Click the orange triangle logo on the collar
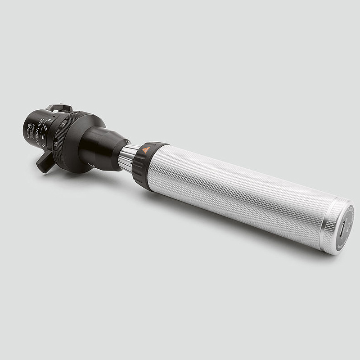[x=146, y=150]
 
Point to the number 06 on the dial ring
[x=56, y=144]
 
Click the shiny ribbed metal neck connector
[x=128, y=157]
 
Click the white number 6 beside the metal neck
[x=128, y=142]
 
